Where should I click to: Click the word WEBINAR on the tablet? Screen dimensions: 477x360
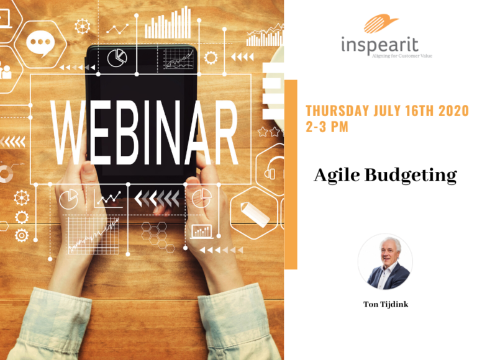pyautogui.click(x=145, y=133)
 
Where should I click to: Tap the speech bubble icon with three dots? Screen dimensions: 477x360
pyautogui.click(x=40, y=44)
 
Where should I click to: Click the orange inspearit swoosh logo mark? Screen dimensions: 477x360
pyautogui.click(x=380, y=23)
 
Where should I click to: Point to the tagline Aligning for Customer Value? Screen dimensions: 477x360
pyautogui.click(x=402, y=56)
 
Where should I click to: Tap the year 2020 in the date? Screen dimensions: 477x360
pyautogui.click(x=453, y=110)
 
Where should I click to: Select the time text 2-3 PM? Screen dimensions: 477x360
pyautogui.click(x=327, y=127)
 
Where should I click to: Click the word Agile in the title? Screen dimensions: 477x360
pyautogui.click(x=337, y=176)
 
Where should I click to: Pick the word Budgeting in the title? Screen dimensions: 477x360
pyautogui.click(x=411, y=176)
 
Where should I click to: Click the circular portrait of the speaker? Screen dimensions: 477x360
pyautogui.click(x=385, y=262)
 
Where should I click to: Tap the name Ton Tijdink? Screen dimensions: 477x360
pyautogui.click(x=386, y=304)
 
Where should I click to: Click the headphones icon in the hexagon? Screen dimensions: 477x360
pyautogui.click(x=273, y=169)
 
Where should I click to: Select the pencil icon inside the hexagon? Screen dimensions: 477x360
pyautogui.click(x=254, y=214)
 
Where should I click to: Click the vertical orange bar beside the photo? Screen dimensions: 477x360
pyautogui.click(x=291, y=174)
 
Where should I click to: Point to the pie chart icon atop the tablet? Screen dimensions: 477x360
pyautogui.click(x=117, y=58)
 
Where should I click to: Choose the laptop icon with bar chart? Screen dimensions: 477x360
pyautogui.click(x=202, y=232)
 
